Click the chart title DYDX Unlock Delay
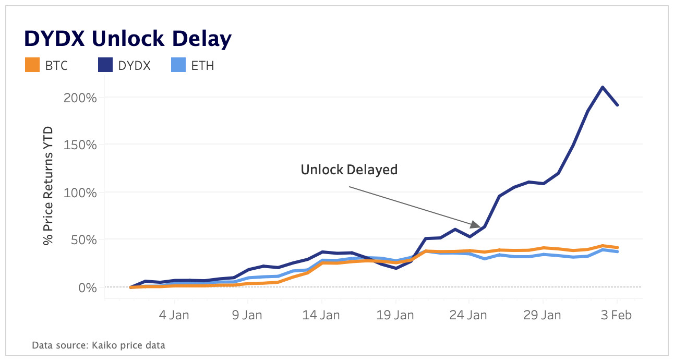pos(127,39)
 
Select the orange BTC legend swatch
pos(32,65)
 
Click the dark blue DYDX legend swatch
pos(104,65)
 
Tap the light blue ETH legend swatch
pos(178,65)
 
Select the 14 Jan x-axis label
pos(321,316)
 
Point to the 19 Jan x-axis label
pos(395,316)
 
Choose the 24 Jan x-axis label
pos(469,316)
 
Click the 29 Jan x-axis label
pos(543,316)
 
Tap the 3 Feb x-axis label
pos(617,316)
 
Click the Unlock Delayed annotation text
pos(349,170)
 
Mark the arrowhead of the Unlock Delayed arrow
pos(477,225)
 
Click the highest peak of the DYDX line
pos(603,87)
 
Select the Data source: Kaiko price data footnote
pos(99,345)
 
